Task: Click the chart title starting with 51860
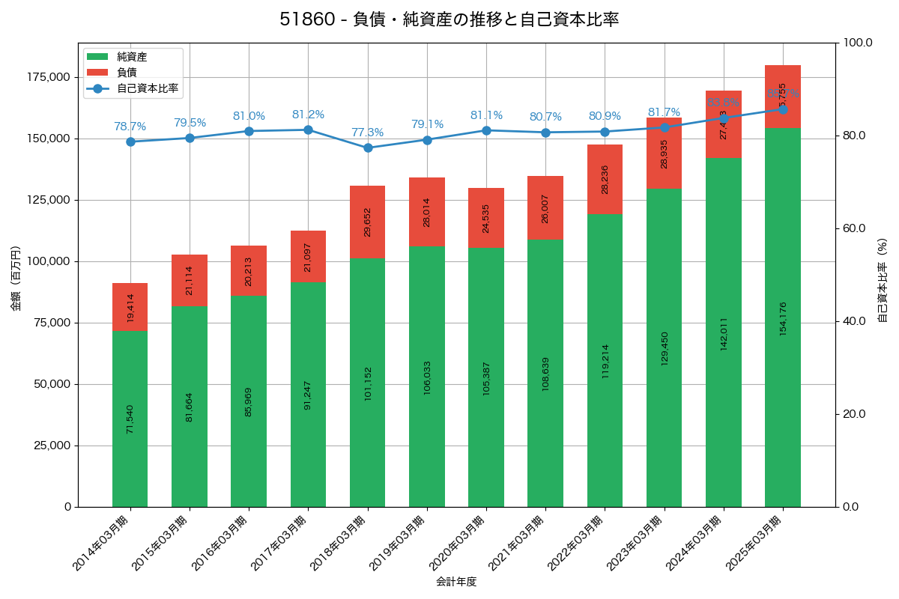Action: point(449,19)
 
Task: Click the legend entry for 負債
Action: point(127,73)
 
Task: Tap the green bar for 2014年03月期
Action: point(130,419)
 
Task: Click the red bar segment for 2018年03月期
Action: point(367,222)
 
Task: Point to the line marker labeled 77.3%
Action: point(367,148)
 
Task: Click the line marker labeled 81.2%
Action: point(308,130)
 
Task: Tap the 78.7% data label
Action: point(130,127)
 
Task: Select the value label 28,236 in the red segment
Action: point(605,180)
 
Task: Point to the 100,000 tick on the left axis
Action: point(47,261)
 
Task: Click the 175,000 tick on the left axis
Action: point(47,77)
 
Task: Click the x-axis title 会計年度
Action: point(456,581)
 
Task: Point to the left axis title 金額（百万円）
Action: point(16,279)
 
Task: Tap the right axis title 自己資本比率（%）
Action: point(883,281)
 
